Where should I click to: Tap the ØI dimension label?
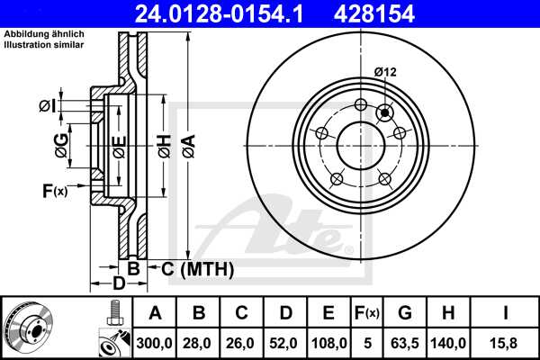point(47,107)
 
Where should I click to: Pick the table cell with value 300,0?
point(156,342)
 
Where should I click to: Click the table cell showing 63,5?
point(404,342)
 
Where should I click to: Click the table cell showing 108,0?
point(328,342)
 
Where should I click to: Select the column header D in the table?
point(286,313)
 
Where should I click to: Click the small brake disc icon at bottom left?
point(29,328)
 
